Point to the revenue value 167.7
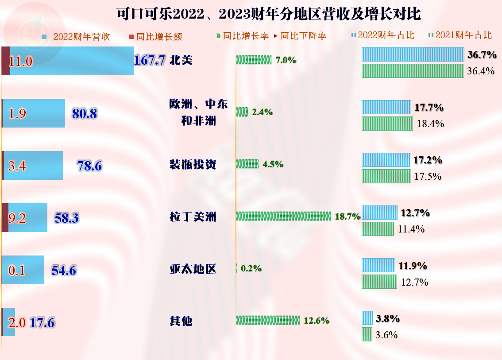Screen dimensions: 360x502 click(150, 60)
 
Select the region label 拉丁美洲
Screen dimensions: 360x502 click(193, 217)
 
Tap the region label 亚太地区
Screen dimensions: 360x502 click(193, 269)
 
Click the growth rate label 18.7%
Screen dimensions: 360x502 click(348, 217)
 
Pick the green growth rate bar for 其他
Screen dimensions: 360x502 click(269, 320)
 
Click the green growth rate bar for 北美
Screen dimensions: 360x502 click(254, 60)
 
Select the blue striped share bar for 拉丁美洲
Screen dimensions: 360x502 click(379, 213)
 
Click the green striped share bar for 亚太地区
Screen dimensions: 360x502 click(379, 282)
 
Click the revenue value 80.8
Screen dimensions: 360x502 click(85, 114)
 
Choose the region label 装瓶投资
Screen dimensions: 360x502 click(193, 165)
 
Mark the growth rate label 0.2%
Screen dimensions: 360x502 click(251, 268)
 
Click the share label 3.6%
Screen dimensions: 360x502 click(386, 335)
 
